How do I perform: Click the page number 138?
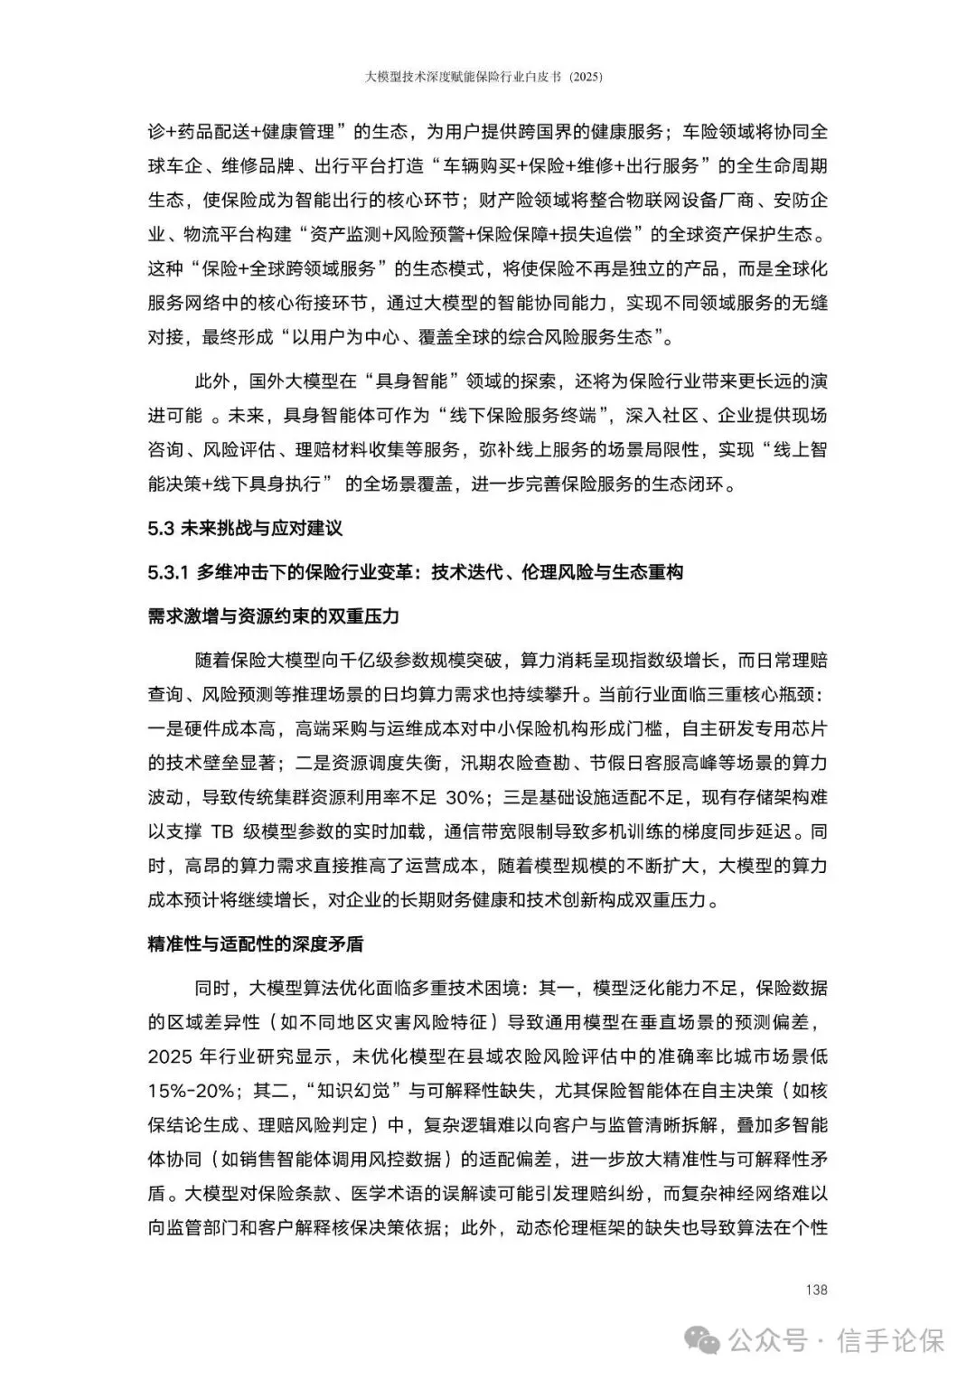click(816, 1290)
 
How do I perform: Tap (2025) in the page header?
click(585, 78)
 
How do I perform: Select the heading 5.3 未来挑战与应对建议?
click(245, 529)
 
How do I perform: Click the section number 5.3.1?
click(167, 572)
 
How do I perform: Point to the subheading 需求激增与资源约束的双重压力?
click(273, 616)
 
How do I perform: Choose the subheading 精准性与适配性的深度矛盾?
click(256, 944)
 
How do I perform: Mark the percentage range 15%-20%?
click(191, 1091)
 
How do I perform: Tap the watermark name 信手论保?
click(891, 1339)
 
